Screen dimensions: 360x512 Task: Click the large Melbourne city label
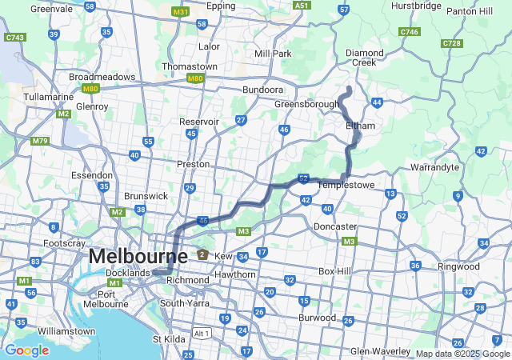tap(138, 257)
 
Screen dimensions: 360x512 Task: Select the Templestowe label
tap(346, 185)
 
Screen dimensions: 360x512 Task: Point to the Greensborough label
tap(306, 104)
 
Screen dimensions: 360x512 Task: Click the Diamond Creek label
tap(365, 57)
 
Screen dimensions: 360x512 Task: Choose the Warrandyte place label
tap(434, 168)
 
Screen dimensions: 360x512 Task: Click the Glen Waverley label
tap(381, 351)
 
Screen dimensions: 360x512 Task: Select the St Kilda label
tap(169, 339)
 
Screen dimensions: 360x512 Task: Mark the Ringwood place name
tap(458, 266)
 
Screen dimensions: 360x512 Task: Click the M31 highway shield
tap(182, 13)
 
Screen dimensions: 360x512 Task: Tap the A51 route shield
tap(301, 6)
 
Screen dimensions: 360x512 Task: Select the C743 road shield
tap(14, 38)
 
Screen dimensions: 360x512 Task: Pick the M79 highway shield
tap(39, 142)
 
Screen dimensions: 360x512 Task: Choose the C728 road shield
tap(451, 43)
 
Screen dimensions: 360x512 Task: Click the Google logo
tap(26, 350)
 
